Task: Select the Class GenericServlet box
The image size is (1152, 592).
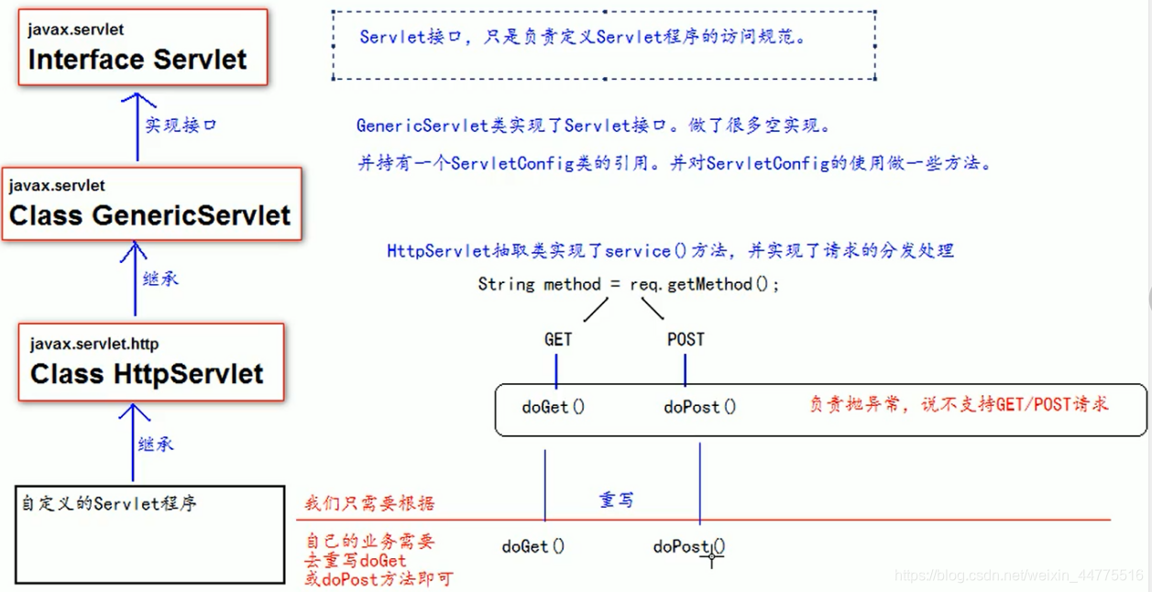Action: click(151, 203)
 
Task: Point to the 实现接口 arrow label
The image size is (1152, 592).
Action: click(181, 126)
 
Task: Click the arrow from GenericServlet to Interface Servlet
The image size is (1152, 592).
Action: click(137, 126)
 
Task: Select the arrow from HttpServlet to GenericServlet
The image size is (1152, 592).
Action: click(136, 279)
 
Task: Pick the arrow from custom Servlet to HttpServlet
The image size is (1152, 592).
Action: click(133, 444)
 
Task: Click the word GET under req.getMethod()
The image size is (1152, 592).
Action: click(558, 340)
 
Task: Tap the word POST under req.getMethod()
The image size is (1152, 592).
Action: click(686, 340)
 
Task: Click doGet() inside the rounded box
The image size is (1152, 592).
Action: click(553, 407)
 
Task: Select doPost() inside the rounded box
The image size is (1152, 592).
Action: click(699, 407)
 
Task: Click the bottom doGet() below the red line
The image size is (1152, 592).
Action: click(533, 547)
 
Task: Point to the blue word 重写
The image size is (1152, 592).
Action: click(616, 500)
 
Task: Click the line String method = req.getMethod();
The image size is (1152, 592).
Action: click(629, 285)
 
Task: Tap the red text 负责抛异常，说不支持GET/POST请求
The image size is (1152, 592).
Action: click(959, 404)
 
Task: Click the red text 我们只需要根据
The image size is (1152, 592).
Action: click(369, 503)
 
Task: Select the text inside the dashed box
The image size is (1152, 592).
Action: click(582, 38)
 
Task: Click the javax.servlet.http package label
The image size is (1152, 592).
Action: click(94, 345)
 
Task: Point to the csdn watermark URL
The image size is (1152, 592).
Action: click(1018, 576)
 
